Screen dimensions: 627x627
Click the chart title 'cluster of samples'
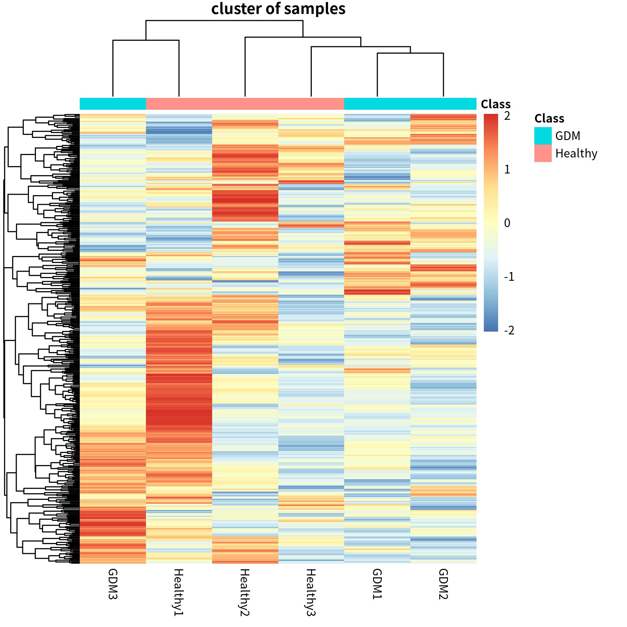[x=278, y=9]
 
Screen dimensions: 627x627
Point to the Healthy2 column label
[x=245, y=592]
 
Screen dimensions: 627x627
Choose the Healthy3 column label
[x=311, y=592]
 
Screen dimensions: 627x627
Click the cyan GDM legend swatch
[x=543, y=136]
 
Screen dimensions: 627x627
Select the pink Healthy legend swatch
[x=543, y=153]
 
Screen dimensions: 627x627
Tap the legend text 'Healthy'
[x=576, y=153]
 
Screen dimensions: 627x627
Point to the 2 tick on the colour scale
[x=507, y=116]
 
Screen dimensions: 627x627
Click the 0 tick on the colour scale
[x=507, y=223]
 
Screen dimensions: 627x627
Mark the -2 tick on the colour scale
[x=509, y=330]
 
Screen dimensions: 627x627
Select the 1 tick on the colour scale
[x=507, y=170]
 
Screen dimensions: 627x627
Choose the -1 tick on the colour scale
[x=509, y=277]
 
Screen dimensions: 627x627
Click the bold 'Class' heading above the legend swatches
[x=549, y=118]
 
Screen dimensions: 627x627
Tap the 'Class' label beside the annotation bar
[x=495, y=104]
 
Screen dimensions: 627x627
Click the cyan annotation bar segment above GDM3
[x=113, y=104]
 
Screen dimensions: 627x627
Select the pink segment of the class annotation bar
[x=245, y=104]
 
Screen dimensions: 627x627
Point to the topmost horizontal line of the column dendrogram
[x=224, y=21]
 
